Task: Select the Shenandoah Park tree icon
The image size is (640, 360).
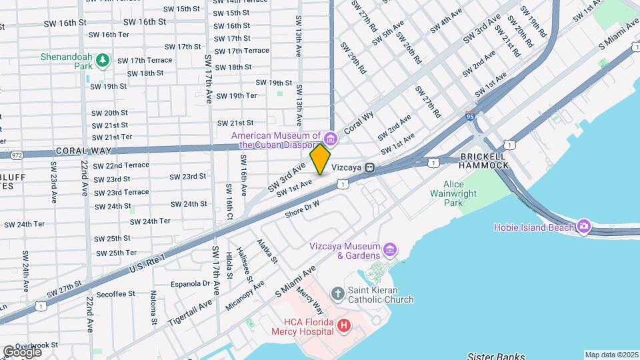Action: (x=102, y=61)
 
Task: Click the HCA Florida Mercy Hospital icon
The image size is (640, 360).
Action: (x=343, y=325)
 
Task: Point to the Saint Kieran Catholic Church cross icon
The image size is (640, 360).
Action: (x=338, y=292)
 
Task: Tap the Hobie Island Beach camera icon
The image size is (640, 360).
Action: (x=584, y=227)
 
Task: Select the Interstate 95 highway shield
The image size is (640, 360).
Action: (x=471, y=116)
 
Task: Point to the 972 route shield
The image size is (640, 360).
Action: (x=16, y=155)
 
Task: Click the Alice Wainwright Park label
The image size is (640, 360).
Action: (x=462, y=193)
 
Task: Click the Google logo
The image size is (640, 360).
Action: (x=22, y=351)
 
